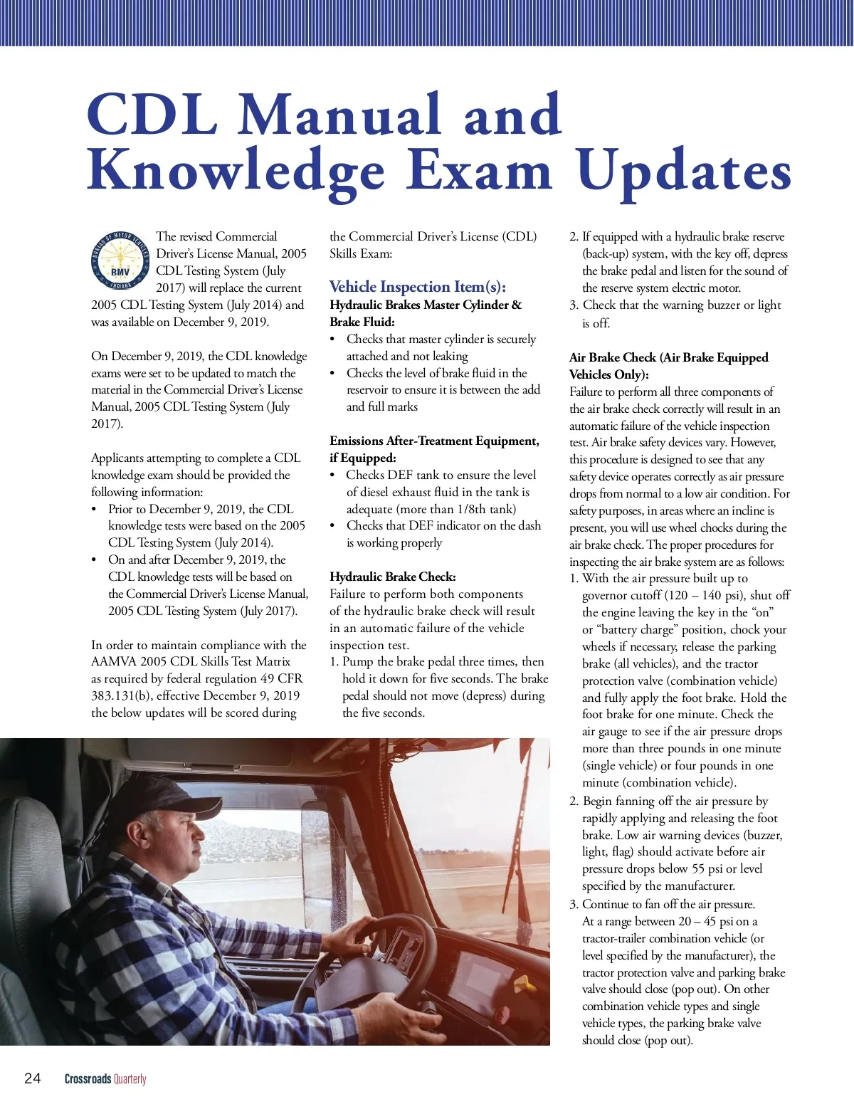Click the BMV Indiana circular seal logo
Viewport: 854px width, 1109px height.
coord(120,261)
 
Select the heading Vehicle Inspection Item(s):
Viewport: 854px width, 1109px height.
coord(418,287)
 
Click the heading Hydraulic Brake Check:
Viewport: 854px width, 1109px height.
coord(393,577)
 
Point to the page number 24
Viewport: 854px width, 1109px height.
coord(33,1078)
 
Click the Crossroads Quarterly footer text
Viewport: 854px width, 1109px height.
coord(105,1078)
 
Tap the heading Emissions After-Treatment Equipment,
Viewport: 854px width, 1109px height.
coord(434,441)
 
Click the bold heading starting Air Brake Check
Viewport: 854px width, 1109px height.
coord(668,357)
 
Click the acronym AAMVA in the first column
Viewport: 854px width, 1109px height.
coord(115,661)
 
